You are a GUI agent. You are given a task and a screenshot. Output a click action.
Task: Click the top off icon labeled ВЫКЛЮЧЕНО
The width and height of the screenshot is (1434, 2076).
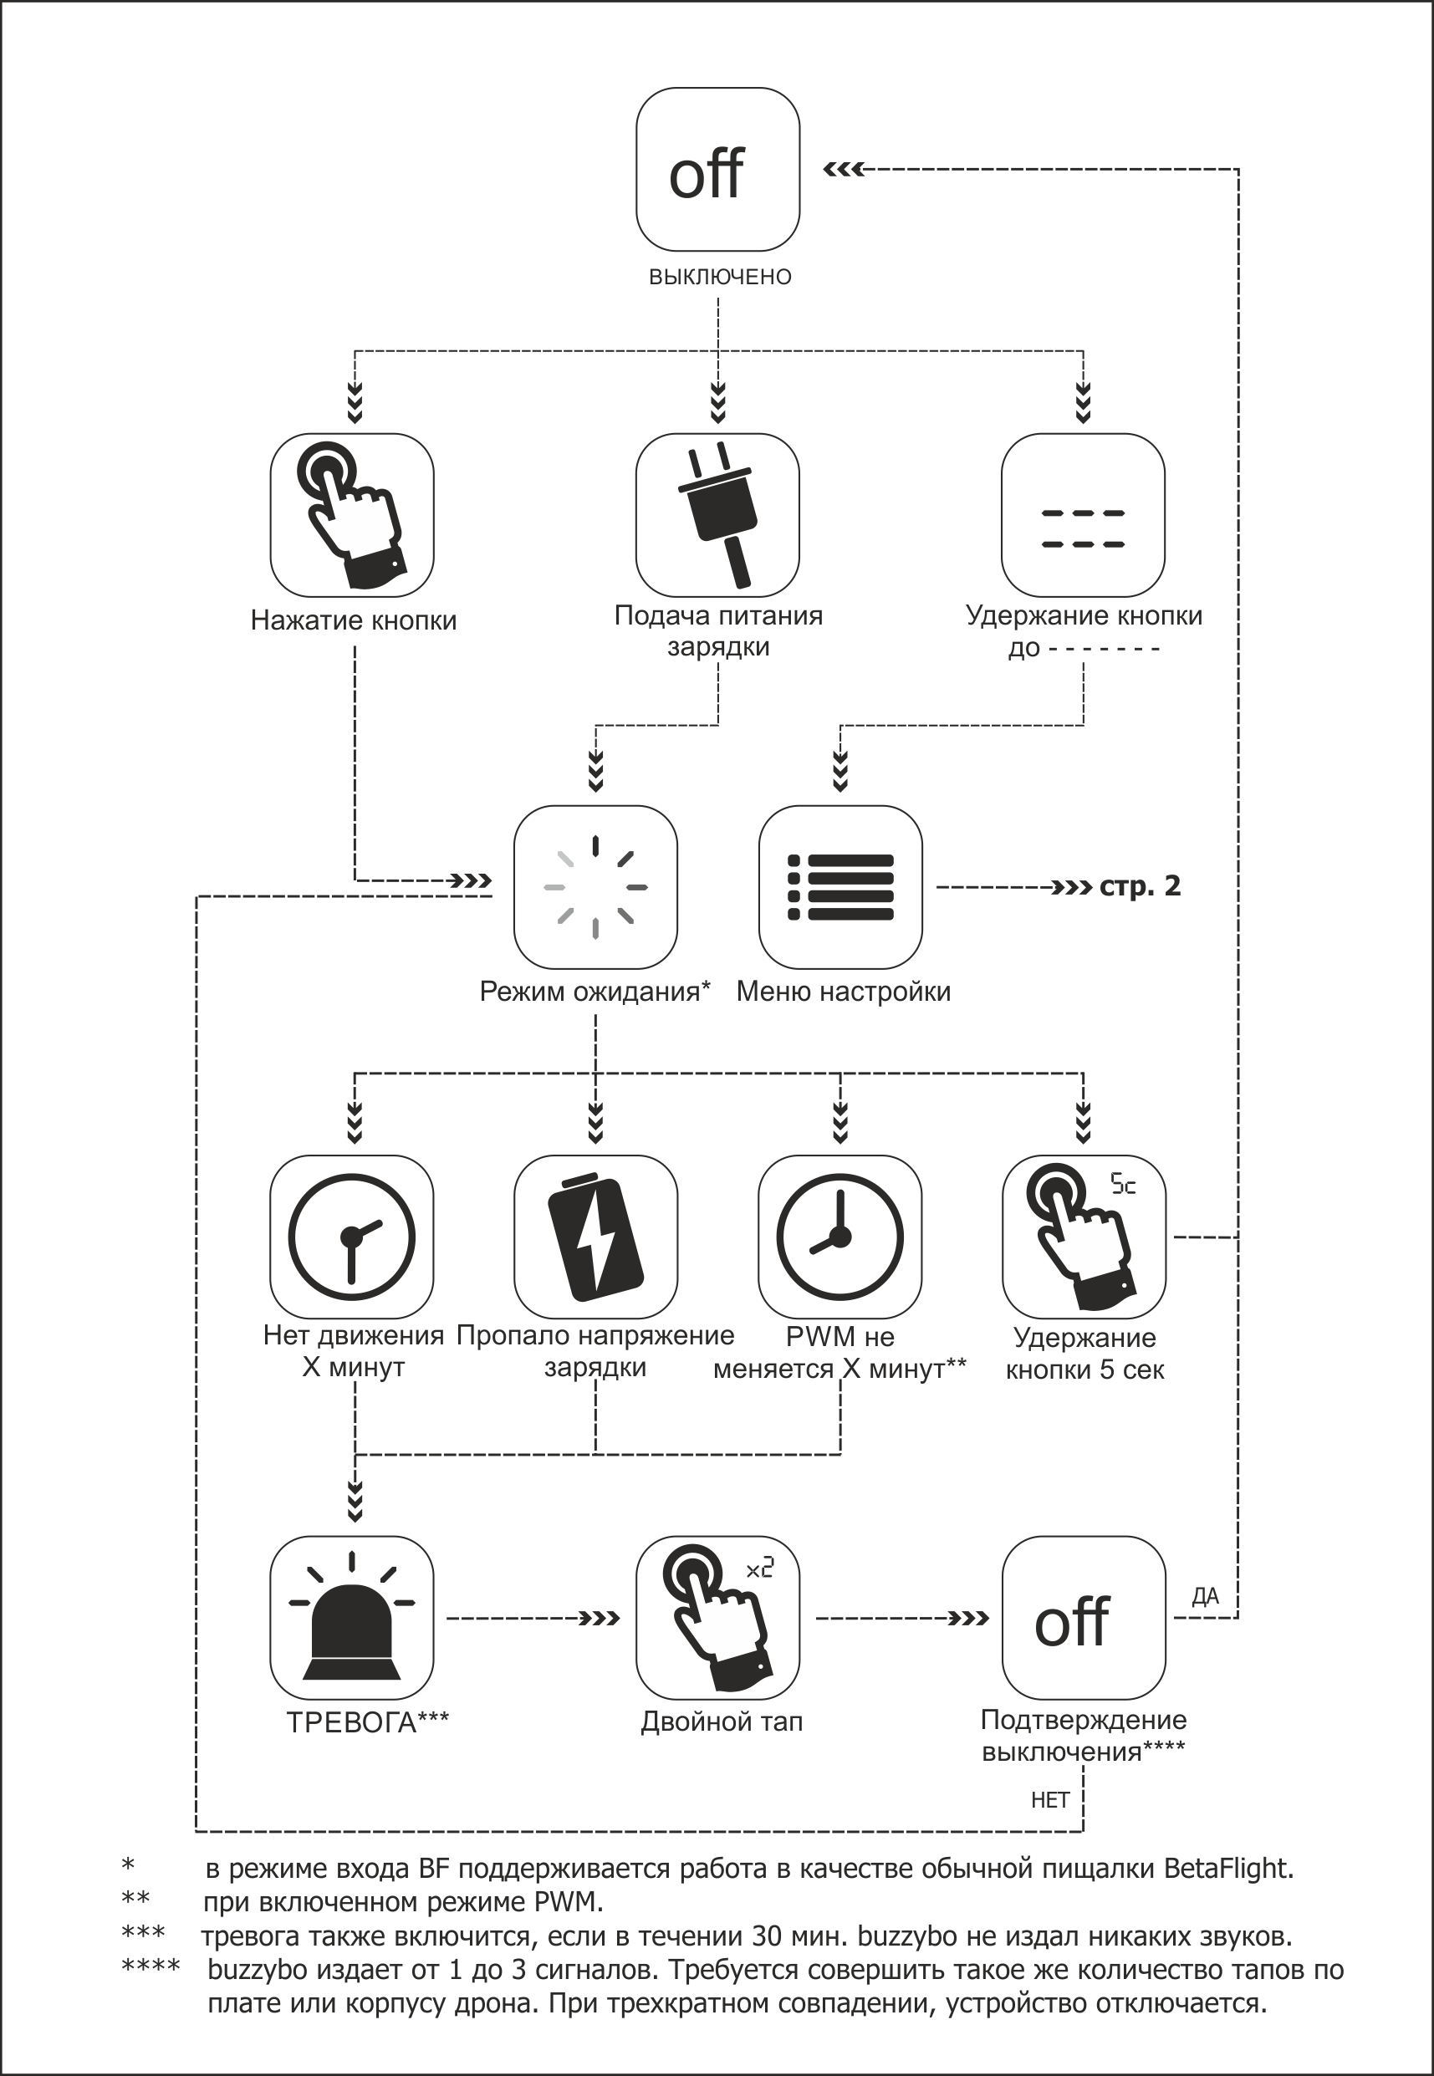coord(717,169)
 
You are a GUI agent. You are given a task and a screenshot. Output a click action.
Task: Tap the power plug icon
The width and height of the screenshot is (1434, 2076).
coord(717,515)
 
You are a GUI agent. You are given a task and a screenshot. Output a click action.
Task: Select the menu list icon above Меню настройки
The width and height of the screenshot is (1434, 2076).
coord(840,886)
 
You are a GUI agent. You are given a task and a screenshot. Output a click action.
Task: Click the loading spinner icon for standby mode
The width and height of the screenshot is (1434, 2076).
coord(595,886)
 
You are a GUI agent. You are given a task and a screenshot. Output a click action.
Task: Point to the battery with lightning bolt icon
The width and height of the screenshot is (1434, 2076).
coord(595,1237)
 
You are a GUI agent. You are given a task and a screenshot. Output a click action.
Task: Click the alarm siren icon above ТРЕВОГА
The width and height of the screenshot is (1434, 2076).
coord(351,1618)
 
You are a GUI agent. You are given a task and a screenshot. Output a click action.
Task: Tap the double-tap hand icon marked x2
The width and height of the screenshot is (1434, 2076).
coord(717,1618)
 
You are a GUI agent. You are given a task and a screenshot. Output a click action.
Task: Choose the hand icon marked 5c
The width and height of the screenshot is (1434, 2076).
coord(1084,1237)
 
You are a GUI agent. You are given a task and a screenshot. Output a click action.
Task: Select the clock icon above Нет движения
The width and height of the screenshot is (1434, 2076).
coord(351,1237)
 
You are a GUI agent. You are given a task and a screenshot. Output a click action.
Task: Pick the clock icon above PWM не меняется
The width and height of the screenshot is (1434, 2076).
coord(840,1237)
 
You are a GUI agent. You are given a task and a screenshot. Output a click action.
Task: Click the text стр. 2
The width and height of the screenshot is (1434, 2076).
coord(1140,886)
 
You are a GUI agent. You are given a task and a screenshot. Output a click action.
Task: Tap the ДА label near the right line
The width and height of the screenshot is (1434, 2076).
coord(1205,1595)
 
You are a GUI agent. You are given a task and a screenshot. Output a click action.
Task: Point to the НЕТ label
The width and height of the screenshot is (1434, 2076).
coord(1049,1799)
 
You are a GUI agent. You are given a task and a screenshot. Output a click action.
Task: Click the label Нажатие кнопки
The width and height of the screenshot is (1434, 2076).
coord(353,620)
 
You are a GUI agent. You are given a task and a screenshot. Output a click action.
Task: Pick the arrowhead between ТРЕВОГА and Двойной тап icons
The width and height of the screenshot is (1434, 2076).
coord(600,1619)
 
